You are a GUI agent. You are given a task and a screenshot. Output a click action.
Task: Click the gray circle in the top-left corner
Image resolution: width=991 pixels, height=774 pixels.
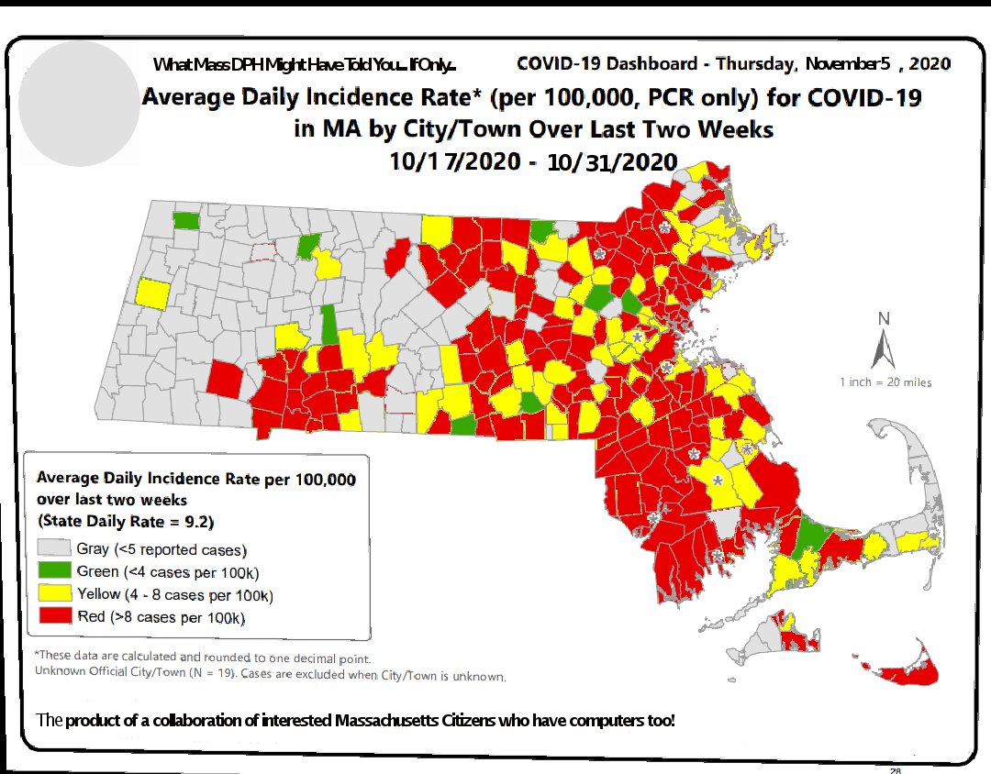tap(79, 101)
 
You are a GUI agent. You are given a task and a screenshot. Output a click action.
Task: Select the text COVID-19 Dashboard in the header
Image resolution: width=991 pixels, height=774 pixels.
tap(607, 64)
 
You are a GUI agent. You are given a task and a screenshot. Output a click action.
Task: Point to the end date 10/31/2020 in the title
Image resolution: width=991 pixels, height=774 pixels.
tap(612, 163)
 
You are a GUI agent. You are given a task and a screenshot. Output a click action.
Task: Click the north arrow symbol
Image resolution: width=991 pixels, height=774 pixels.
tap(884, 349)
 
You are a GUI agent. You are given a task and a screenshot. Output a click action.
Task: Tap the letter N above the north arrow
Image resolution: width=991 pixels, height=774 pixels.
tap(885, 319)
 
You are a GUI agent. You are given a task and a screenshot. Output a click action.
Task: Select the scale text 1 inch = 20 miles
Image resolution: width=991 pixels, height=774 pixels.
tap(885, 381)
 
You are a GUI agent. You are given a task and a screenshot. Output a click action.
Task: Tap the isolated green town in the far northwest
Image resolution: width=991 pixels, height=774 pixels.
tap(186, 220)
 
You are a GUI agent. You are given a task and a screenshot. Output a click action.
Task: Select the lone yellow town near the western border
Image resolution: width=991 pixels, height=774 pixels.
tap(152, 293)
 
